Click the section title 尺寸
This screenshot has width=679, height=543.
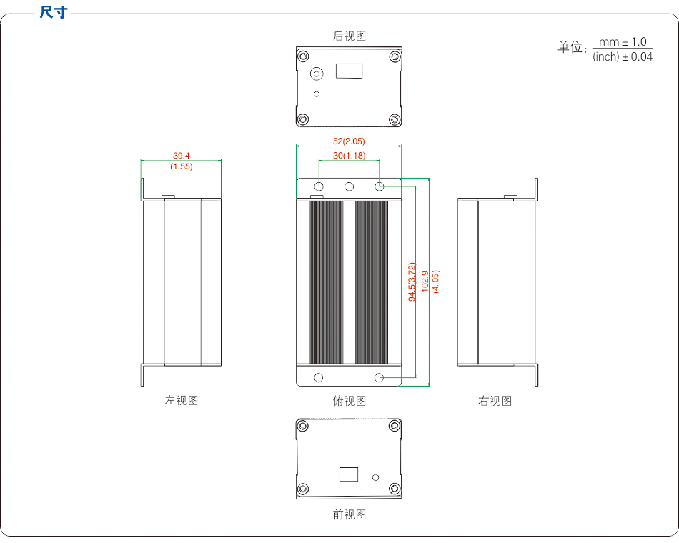(x=54, y=13)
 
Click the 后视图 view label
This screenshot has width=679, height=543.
(x=350, y=36)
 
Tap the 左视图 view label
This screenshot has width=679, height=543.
(x=182, y=400)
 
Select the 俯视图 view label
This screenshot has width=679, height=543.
(x=350, y=400)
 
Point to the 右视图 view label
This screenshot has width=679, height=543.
(x=495, y=400)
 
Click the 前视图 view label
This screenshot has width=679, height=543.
(x=350, y=514)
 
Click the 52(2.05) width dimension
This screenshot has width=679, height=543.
(x=349, y=141)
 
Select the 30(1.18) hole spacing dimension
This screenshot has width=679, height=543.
(x=349, y=156)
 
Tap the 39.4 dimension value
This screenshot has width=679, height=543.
(x=182, y=155)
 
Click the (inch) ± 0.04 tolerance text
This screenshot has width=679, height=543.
(x=623, y=57)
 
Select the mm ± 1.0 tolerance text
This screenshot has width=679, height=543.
(x=623, y=43)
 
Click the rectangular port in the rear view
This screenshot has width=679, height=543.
(x=350, y=71)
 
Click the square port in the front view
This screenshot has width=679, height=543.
(x=349, y=475)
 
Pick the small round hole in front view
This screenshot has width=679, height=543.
(x=376, y=477)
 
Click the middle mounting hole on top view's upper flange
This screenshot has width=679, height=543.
(x=350, y=186)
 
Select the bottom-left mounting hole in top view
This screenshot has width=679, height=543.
(x=319, y=377)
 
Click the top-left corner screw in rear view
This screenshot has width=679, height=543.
(x=304, y=56)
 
